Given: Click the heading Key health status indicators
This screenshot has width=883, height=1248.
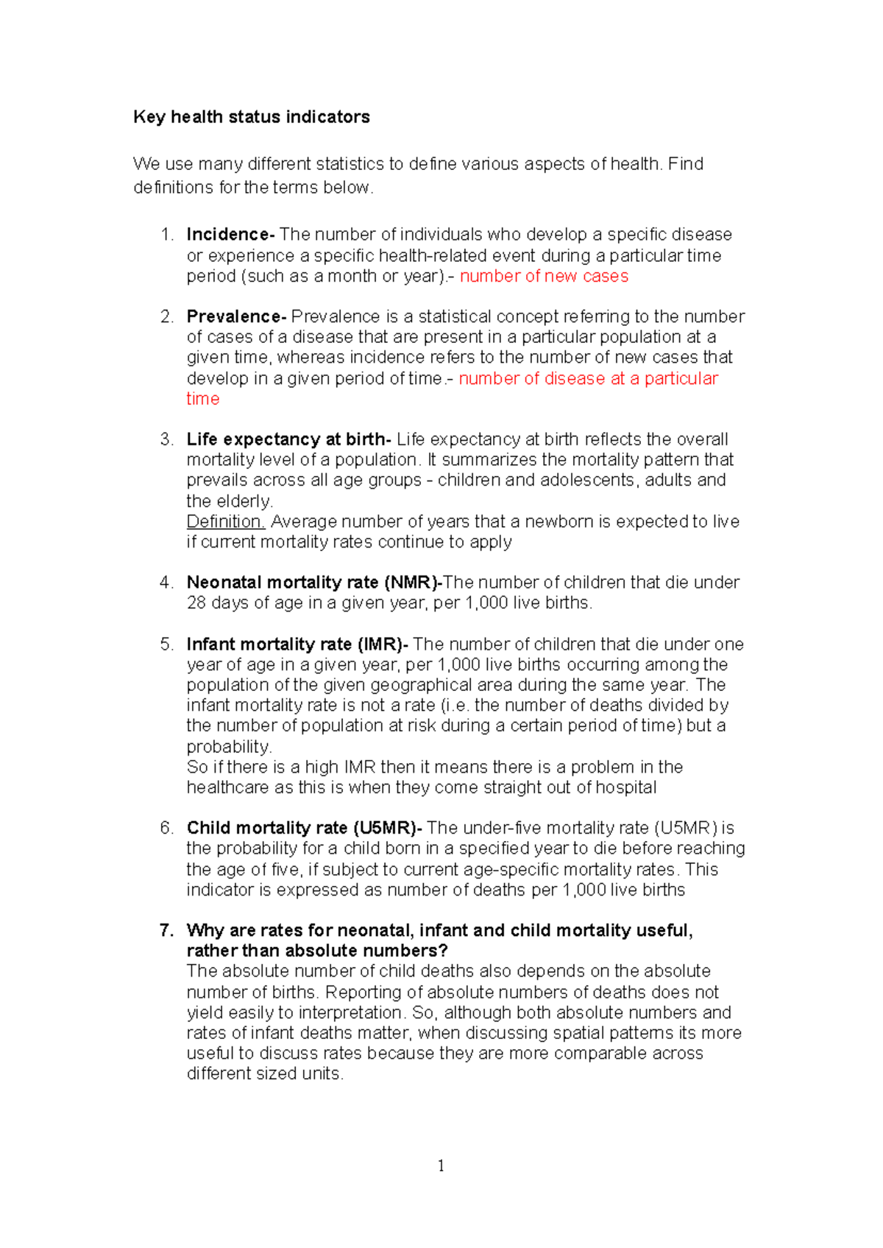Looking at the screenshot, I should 251,117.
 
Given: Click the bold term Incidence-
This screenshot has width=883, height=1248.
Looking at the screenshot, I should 230,235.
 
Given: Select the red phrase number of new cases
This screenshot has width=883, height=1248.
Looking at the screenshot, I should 544,277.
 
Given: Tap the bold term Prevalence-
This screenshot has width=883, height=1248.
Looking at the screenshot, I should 235,316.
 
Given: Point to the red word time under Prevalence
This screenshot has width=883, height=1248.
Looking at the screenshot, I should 202,399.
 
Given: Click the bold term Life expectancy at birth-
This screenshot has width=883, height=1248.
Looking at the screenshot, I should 288,439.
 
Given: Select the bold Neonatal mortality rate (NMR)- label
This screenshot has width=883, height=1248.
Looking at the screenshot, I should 314,583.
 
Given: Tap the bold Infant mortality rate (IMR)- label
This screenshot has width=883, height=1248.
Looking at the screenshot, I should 297,645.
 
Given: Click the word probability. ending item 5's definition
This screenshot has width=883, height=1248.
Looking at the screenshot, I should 229,747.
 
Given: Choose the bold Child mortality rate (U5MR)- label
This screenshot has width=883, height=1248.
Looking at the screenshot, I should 304,828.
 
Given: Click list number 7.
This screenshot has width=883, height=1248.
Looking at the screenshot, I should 166,931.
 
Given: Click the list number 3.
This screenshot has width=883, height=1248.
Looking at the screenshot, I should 166,439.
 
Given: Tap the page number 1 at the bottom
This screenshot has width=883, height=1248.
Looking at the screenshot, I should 441,1166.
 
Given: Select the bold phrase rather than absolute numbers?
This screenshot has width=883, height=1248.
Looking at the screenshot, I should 317,951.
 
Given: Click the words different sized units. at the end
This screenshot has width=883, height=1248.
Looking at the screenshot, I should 265,1074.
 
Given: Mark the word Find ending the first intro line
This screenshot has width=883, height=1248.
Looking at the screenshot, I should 686,164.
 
